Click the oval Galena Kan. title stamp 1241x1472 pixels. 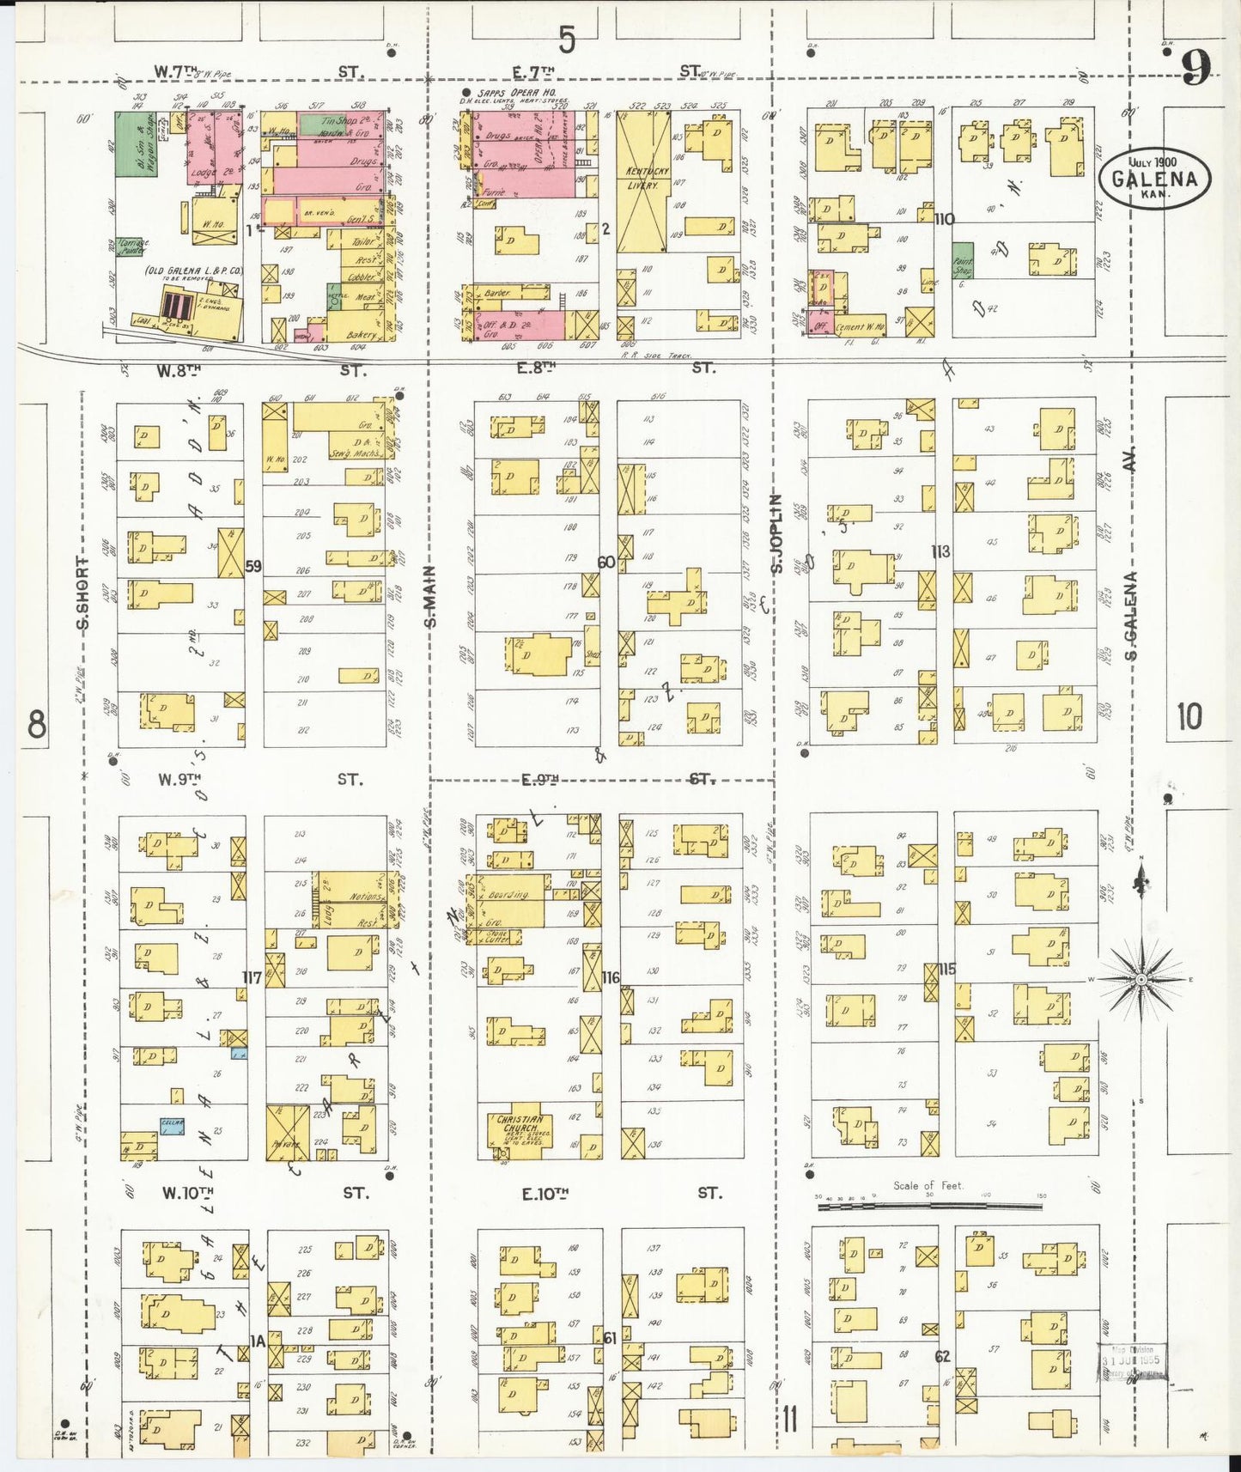click(1154, 179)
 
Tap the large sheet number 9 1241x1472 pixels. click(1195, 67)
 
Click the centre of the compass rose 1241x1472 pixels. click(1141, 979)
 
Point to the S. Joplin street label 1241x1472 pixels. click(776, 532)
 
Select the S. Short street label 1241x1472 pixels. click(83, 593)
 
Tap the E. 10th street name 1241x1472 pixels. click(544, 1194)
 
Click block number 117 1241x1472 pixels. click(252, 977)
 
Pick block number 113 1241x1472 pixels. click(940, 551)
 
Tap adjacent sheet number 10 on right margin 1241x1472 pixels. click(1189, 715)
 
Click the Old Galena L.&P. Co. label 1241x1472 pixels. click(194, 271)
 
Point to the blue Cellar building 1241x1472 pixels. click(172, 1128)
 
